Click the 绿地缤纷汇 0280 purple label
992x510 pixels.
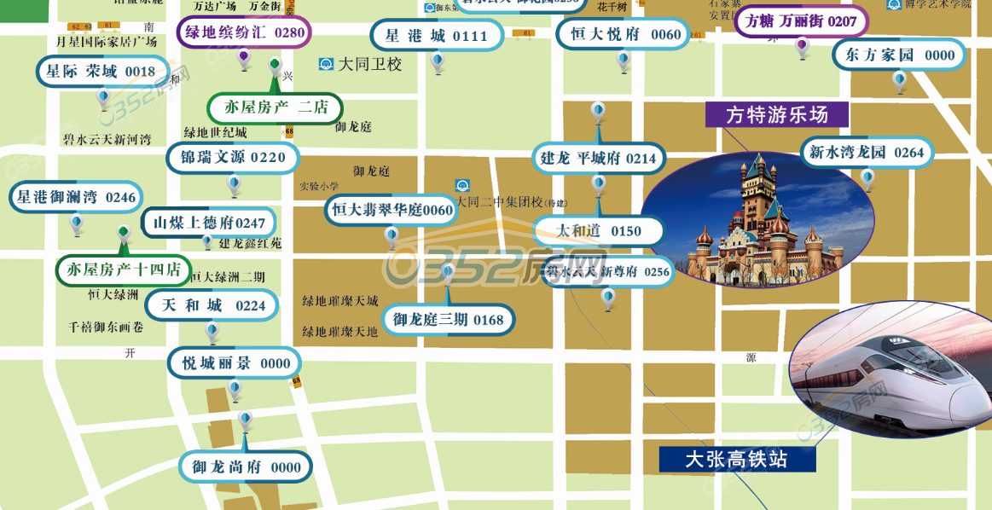tap(244, 33)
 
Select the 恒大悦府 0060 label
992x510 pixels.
tap(623, 34)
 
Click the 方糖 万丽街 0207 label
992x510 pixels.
tap(801, 21)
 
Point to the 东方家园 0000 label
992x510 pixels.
tap(899, 55)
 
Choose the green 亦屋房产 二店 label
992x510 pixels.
tap(275, 107)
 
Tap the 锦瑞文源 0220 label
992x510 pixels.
tap(233, 158)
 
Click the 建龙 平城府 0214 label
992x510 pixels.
tap(598, 158)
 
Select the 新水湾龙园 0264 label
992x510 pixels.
tap(867, 153)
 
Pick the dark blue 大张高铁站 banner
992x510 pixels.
tap(737, 459)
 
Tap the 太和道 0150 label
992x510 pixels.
tap(598, 231)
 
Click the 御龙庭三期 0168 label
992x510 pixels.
tap(448, 320)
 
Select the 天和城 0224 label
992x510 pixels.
tap(213, 305)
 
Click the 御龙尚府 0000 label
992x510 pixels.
tap(246, 467)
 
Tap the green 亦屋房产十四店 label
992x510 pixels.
tap(124, 270)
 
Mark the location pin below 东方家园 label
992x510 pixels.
tap(899, 81)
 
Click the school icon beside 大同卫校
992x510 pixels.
tap(326, 64)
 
